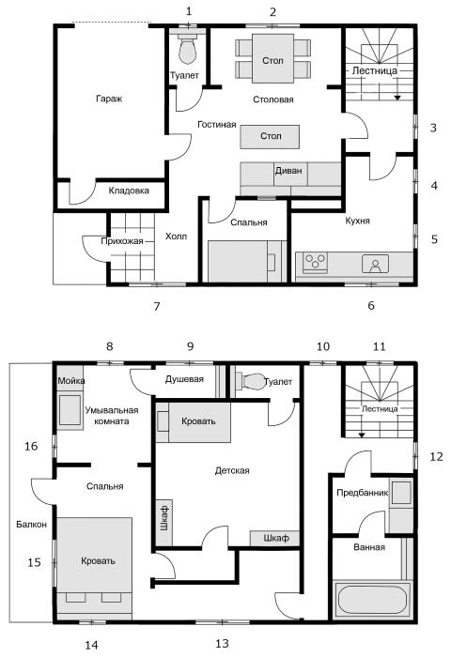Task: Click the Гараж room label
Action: point(109,99)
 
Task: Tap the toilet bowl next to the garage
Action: point(188,50)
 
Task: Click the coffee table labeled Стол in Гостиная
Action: point(270,137)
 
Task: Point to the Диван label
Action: point(288,171)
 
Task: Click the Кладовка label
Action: point(129,191)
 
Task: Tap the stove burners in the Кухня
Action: point(314,262)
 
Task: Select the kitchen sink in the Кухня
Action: point(376,263)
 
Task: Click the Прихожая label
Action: point(122,241)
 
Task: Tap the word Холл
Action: point(177,237)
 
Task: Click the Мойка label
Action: point(70,380)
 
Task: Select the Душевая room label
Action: point(184,379)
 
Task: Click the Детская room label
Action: point(232,470)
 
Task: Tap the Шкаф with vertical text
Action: point(164,517)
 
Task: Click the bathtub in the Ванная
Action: point(372,600)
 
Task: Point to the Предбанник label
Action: point(362,493)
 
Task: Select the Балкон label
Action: point(31,524)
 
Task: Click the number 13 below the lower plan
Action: point(222,643)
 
